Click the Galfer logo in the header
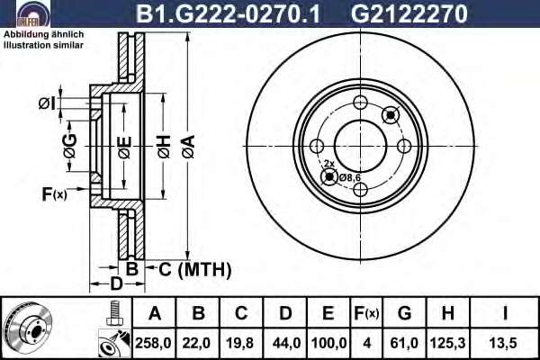(x=33, y=14)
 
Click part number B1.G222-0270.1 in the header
(x=229, y=13)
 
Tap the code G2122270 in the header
(x=409, y=13)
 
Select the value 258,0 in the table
(x=153, y=343)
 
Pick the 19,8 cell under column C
(x=239, y=343)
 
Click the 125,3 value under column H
(x=447, y=343)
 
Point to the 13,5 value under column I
(x=503, y=343)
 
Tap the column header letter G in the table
(x=404, y=313)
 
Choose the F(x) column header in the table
(x=366, y=313)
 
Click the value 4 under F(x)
(x=367, y=343)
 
